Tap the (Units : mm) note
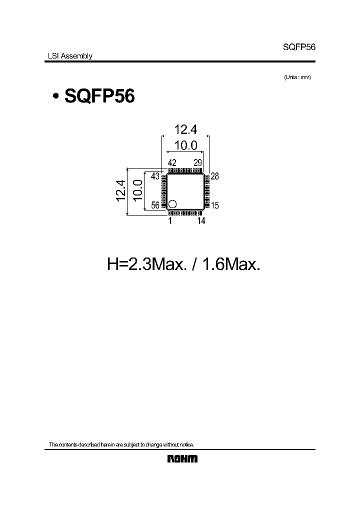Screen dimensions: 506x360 coord(297,77)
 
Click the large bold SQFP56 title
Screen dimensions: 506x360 coord(99,96)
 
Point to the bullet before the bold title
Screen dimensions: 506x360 coord(55,96)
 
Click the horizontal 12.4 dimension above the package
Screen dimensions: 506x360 coord(185,130)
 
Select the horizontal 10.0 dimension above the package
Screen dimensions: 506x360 coord(185,145)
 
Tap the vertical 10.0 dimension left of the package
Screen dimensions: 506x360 coord(137,191)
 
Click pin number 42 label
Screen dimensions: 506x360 coord(172,162)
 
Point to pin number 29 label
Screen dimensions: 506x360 coord(198,162)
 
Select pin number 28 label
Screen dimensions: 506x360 coord(215,176)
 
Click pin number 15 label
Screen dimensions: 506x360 coord(215,205)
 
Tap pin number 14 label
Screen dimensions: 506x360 coord(201,220)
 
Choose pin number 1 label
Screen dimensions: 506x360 coord(170,220)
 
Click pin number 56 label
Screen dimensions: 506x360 coord(155,205)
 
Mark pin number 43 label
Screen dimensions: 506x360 coord(155,176)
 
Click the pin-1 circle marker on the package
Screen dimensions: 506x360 coord(172,203)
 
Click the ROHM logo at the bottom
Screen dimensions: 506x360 coord(182,459)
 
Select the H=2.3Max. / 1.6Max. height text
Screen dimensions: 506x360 coord(184,264)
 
